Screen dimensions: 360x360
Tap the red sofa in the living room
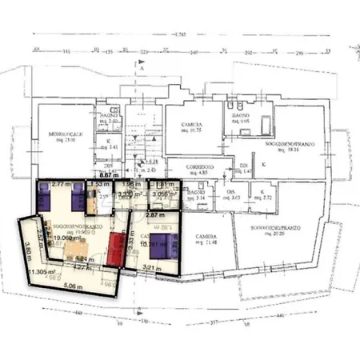pyautogui.click(x=117, y=247)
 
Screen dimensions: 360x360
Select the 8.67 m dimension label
pyautogui.click(x=110, y=174)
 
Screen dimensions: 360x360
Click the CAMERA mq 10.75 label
pyautogui.click(x=190, y=128)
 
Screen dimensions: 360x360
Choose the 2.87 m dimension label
pyautogui.click(x=155, y=215)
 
